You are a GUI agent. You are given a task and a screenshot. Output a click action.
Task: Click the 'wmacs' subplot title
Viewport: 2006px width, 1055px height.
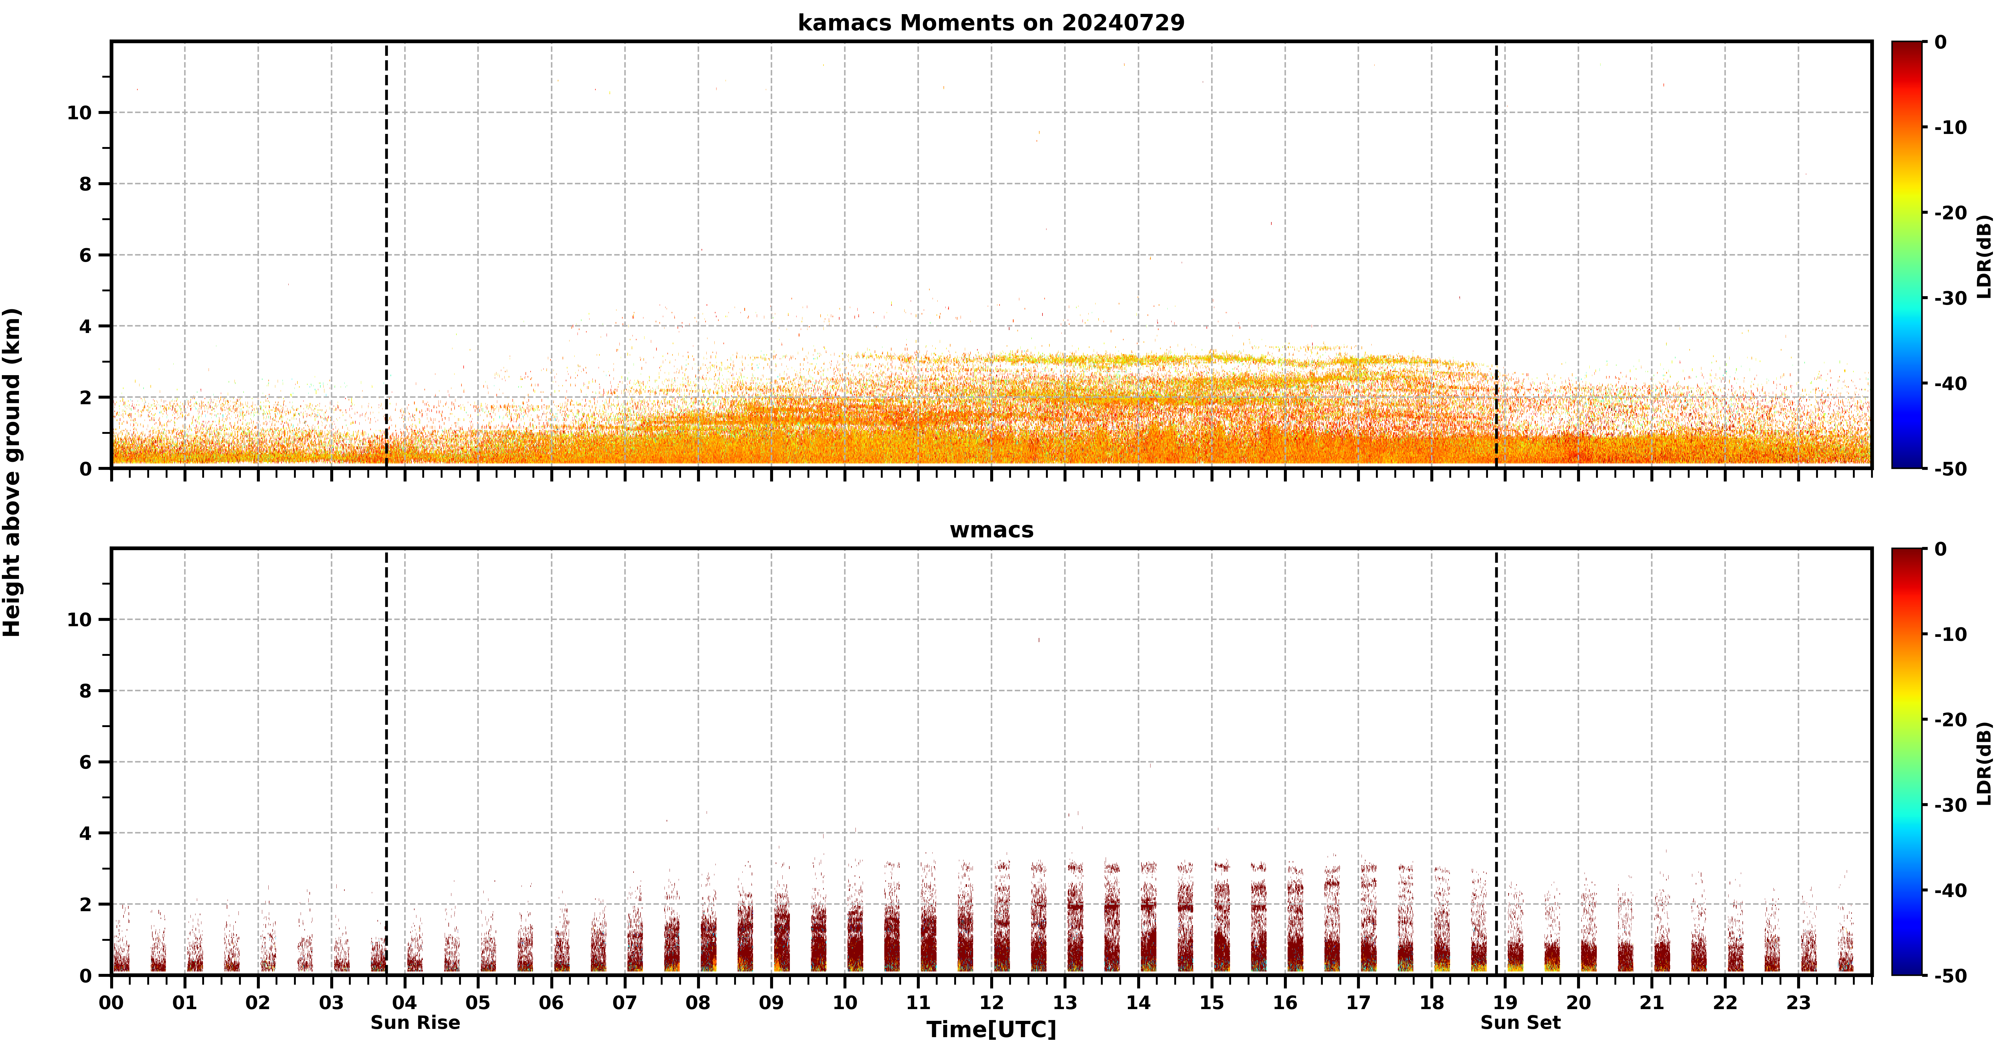(991, 530)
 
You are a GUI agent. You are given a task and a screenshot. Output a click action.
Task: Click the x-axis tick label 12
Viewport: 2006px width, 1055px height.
(991, 1003)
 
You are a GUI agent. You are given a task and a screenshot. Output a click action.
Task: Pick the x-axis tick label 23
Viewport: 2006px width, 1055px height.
(1798, 1003)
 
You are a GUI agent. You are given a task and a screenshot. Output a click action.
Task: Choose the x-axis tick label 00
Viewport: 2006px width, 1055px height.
(111, 1003)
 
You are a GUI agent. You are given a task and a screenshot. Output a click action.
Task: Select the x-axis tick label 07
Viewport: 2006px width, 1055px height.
(624, 1003)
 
